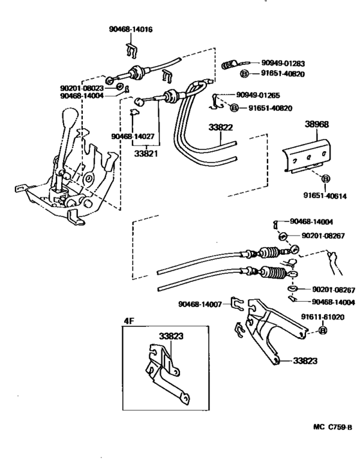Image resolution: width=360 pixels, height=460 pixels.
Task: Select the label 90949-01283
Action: coord(283,64)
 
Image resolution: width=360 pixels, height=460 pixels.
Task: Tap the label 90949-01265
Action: coord(258,95)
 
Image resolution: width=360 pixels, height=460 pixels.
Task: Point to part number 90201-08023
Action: coord(80,87)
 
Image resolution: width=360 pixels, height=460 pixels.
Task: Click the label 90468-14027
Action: coord(132,136)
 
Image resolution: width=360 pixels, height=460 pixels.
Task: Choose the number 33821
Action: coord(147,154)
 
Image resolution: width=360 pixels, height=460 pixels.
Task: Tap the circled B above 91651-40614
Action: coord(325,178)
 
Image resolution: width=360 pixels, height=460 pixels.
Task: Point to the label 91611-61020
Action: coord(323,317)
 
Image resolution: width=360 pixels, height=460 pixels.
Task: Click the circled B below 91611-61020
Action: coord(323,331)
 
